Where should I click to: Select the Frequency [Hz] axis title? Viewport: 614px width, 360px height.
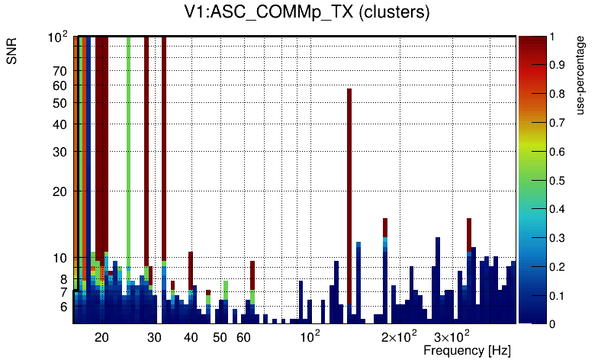tap(467, 350)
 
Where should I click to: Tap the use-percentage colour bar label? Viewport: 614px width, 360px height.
tap(581, 74)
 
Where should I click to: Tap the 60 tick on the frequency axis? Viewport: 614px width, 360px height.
tap(243, 337)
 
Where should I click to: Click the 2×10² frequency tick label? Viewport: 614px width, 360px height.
tap(399, 336)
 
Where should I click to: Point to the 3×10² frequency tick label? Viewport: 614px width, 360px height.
tap(452, 336)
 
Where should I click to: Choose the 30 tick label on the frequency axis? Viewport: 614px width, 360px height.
tap(154, 337)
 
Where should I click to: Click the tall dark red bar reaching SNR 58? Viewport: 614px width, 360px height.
tap(349, 198)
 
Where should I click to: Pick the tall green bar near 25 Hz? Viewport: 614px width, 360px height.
tap(128, 153)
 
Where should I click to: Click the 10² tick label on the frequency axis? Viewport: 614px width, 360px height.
tap(310, 336)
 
